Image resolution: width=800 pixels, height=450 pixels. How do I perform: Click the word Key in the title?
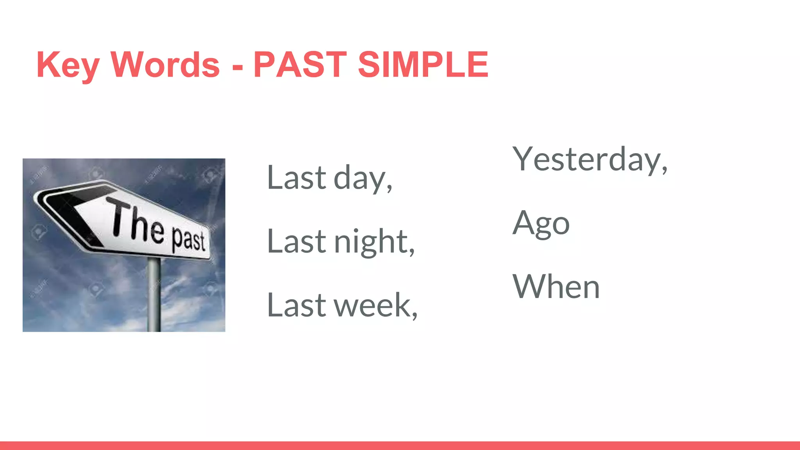67,65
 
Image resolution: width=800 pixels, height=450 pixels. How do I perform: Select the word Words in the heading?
165,65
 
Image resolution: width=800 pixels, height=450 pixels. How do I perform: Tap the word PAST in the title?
300,65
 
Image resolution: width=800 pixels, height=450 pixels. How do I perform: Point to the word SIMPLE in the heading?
423,65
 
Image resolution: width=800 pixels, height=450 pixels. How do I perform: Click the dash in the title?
237,67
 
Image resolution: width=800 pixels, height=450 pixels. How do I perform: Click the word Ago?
541,223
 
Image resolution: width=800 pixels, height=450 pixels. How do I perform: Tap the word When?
556,287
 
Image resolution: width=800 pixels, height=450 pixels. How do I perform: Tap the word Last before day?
296,178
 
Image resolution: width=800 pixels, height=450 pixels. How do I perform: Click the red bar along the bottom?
400,446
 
